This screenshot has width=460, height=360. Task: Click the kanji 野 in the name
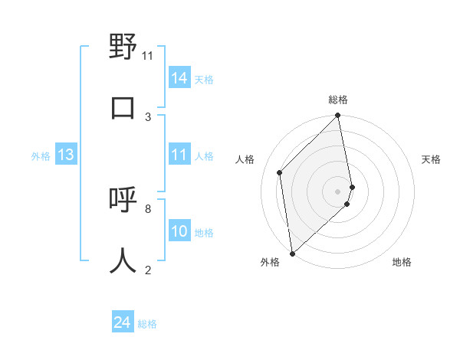123,47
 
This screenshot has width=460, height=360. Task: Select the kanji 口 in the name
123,107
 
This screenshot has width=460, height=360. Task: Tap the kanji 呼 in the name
123,199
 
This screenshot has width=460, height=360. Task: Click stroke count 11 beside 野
147,56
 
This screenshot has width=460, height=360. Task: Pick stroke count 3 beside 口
148,116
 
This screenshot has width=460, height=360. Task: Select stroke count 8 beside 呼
148,208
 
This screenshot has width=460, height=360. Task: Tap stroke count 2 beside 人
148,269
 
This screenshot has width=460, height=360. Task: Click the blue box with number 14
179,78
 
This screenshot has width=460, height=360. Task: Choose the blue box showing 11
179,155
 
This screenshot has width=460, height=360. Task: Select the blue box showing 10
179,231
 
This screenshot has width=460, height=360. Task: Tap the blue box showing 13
66,155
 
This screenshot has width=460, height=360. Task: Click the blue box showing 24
123,323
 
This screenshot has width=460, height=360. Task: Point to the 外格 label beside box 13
41,156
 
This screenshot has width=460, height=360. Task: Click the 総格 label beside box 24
147,324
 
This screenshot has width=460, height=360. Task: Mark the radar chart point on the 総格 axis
337,116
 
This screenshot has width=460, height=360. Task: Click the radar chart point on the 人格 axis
280,172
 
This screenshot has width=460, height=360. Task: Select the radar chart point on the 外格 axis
291,253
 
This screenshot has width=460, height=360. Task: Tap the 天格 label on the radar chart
431,159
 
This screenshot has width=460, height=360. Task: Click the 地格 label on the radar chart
402,262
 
